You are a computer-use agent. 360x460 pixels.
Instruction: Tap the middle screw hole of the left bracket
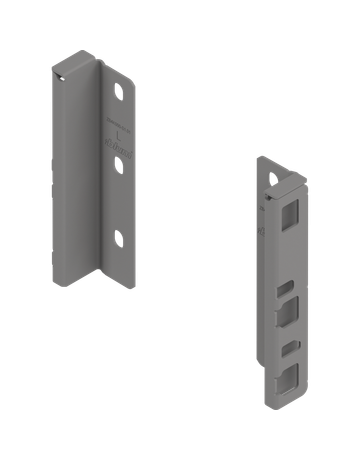coord(119,166)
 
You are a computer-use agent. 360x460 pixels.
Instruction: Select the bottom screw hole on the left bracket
coord(119,238)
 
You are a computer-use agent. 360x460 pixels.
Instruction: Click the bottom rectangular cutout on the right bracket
coord(289,376)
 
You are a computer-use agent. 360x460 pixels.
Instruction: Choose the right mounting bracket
coord(279,280)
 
